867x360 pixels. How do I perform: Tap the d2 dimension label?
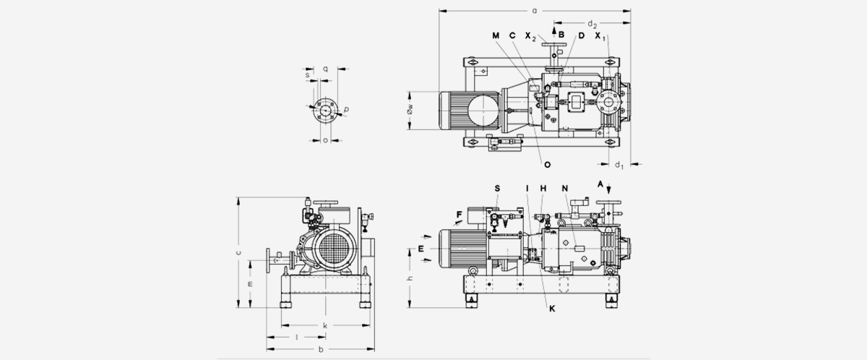(x=592, y=25)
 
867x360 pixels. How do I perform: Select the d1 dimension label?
(x=619, y=165)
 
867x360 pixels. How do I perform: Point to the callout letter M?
(x=496, y=35)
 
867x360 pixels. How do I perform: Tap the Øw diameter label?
(x=409, y=110)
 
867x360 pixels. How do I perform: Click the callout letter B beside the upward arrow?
(x=561, y=34)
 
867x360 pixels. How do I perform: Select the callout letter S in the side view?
(x=497, y=188)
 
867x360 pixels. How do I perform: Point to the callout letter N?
(x=564, y=188)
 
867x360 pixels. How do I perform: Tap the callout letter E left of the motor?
(x=420, y=249)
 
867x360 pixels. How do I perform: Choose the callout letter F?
(x=459, y=215)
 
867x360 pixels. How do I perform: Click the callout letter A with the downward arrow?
(x=600, y=184)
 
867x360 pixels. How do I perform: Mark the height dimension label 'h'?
(x=409, y=279)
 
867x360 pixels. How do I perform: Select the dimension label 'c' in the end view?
(x=238, y=252)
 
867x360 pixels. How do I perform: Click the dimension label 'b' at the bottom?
(x=320, y=350)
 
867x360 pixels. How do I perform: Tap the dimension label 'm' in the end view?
(x=250, y=284)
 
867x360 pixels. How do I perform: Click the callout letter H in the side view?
(x=543, y=188)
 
